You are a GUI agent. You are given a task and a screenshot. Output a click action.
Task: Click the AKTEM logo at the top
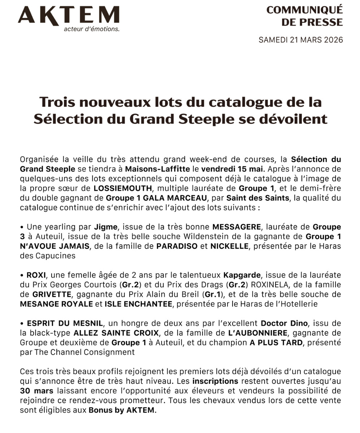click(68, 16)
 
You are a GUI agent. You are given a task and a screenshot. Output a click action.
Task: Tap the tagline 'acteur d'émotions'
click(91, 29)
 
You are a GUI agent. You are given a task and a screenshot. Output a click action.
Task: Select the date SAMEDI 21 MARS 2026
click(300, 40)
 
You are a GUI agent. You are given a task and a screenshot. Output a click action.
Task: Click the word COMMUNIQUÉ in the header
click(304, 10)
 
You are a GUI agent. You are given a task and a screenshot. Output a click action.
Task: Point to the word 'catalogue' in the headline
click(237, 102)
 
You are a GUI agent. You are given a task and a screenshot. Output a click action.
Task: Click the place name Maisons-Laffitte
click(157, 169)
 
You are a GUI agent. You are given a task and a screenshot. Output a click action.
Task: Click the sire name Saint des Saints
click(258, 198)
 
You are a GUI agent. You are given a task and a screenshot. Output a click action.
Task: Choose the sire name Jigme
click(106, 227)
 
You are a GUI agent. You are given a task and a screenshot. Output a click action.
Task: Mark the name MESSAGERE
click(237, 227)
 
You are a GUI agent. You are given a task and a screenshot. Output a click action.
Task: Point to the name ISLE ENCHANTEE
click(138, 304)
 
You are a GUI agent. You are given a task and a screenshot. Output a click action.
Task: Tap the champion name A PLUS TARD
click(276, 342)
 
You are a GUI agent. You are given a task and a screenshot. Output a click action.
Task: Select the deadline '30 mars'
click(37, 391)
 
